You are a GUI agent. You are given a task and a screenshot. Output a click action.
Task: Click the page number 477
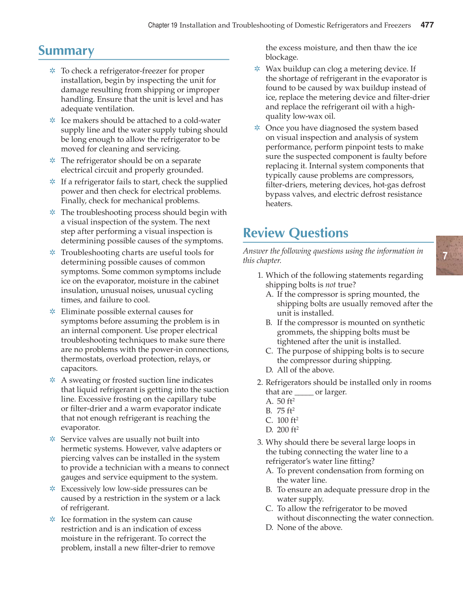427,25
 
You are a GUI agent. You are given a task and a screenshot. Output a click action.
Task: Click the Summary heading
66,51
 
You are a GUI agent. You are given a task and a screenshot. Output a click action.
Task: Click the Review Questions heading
295,233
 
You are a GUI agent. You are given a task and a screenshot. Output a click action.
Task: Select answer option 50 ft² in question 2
286,401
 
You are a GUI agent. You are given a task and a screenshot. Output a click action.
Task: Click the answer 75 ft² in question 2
286,411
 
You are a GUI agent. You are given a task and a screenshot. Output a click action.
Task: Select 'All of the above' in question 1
305,370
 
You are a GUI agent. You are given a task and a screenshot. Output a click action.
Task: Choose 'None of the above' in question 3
309,527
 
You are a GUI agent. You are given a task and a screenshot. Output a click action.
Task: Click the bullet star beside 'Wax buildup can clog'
257,69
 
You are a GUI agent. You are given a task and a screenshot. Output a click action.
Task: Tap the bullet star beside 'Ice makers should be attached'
53,120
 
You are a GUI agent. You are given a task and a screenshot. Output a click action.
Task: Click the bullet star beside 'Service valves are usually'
53,439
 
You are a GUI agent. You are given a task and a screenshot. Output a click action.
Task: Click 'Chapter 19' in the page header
162,25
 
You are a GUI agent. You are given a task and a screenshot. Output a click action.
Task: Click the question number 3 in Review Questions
260,442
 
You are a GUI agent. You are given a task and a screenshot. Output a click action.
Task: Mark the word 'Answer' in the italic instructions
256,251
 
